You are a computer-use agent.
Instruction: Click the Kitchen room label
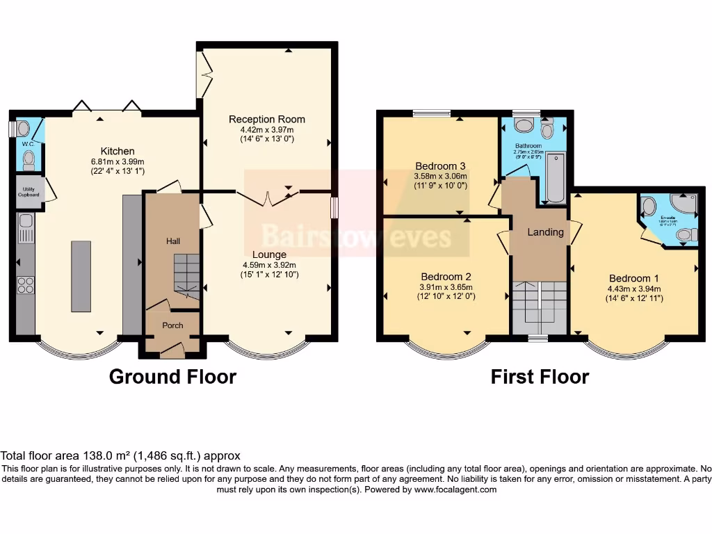coord(118,151)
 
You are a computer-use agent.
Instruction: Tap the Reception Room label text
coord(267,119)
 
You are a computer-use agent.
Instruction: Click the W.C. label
coord(28,144)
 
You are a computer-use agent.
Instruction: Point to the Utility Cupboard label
coord(29,191)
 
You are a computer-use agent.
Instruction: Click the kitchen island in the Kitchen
coord(81,275)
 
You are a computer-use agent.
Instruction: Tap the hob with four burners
coord(26,285)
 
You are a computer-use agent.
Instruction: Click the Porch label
coord(172,325)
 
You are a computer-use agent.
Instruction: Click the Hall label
coord(173,241)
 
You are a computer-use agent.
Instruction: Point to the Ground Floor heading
coord(172,377)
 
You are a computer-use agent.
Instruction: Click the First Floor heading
coord(540,377)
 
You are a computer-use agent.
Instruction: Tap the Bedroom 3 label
coord(439,165)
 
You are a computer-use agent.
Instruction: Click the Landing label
coord(545,232)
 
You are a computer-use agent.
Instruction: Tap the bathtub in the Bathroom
coord(555,179)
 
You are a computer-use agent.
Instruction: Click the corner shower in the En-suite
coord(684,204)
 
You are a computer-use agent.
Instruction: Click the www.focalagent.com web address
coord(455,489)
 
